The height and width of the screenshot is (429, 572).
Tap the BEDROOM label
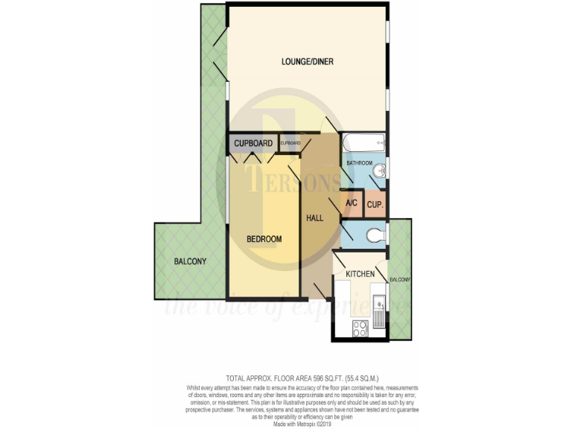point(264,238)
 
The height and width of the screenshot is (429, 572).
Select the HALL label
point(316,218)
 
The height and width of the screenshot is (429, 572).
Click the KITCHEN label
point(360,275)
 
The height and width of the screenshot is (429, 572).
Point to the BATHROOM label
point(357,163)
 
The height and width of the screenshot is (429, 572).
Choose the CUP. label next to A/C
point(375,203)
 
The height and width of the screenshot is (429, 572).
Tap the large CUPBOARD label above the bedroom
point(253,144)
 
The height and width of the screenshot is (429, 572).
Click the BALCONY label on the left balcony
point(190,261)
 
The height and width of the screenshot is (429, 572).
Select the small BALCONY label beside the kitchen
point(399,279)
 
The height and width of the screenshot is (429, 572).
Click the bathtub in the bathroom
point(363,142)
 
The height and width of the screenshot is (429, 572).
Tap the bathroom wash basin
point(380,170)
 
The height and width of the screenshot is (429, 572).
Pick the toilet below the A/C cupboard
point(377,235)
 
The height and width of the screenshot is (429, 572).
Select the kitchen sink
point(380,313)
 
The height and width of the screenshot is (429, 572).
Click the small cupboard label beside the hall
point(290,142)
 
